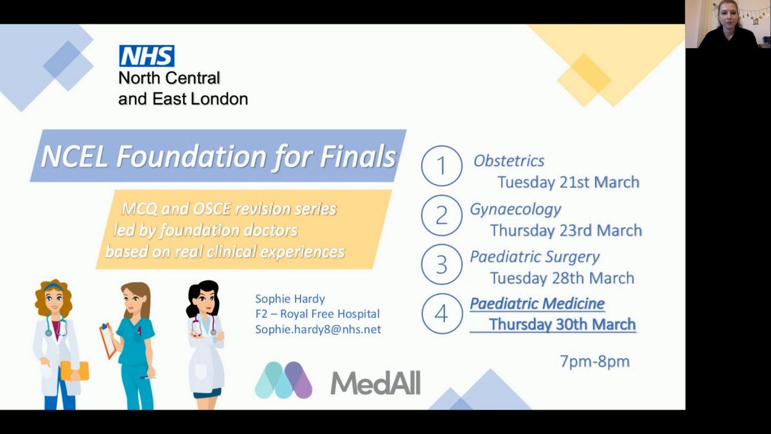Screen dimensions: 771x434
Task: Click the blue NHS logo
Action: point(146,56)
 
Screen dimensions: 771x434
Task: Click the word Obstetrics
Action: point(509,161)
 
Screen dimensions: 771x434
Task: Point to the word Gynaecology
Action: point(515,210)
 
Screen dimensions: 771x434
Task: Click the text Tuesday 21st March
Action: point(568,182)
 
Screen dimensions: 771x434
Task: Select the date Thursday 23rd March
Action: point(566,230)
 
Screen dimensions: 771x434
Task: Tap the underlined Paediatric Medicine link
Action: point(537,303)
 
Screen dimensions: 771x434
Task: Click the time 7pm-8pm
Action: point(594,361)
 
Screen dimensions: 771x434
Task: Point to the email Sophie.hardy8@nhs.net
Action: point(318,330)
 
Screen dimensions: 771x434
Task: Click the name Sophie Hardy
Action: point(290,299)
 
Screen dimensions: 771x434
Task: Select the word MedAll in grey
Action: point(375,383)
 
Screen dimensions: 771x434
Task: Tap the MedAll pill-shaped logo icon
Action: point(283,380)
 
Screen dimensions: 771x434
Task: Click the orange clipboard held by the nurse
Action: point(108,341)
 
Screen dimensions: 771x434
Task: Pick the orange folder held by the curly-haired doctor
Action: point(75,371)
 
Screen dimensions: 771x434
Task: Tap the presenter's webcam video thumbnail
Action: point(728,24)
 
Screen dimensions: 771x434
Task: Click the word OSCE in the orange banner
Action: point(213,209)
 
